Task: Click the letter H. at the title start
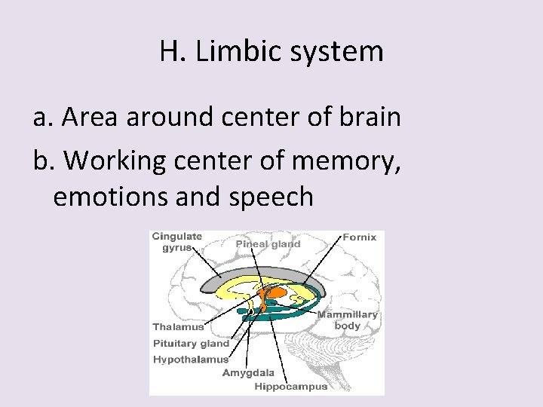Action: click(x=172, y=52)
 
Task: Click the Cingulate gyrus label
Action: click(x=177, y=242)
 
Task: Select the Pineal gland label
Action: click(x=268, y=243)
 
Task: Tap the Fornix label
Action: click(x=359, y=237)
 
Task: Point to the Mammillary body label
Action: click(x=348, y=320)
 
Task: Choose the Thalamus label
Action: click(x=178, y=327)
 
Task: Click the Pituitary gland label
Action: click(x=190, y=344)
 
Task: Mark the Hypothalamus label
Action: click(x=191, y=360)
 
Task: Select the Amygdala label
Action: click(x=248, y=373)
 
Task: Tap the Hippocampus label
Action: click(x=290, y=387)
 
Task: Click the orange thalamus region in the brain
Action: click(x=276, y=291)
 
